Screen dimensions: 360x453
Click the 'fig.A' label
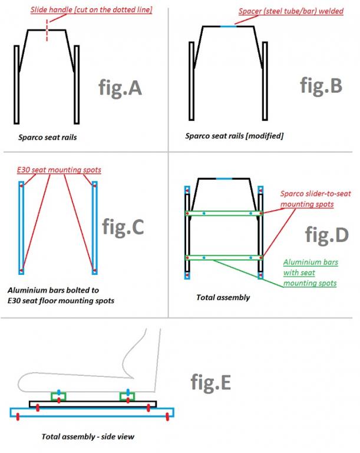point(120,87)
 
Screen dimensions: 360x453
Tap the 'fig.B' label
point(321,86)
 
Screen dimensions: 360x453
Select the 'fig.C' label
point(123,226)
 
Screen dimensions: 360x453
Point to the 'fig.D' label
point(327,235)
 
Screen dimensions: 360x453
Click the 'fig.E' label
point(211,382)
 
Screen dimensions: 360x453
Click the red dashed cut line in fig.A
point(47,31)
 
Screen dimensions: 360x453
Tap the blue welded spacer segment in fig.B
point(229,27)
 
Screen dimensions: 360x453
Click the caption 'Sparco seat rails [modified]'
point(234,136)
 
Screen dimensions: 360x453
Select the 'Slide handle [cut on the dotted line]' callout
point(91,10)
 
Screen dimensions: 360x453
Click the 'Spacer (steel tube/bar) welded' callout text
point(291,11)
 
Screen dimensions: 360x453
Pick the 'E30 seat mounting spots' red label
point(59,170)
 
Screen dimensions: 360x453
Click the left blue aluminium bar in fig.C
point(21,228)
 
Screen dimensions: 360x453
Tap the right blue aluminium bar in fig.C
point(94,228)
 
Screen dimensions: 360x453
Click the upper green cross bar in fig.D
point(224,214)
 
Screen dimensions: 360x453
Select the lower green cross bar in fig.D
point(224,257)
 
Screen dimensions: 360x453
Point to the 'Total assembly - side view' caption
point(88,436)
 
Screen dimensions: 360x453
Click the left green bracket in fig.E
point(58,396)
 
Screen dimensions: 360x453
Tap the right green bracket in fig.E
point(127,396)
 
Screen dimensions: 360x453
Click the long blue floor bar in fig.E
point(92,412)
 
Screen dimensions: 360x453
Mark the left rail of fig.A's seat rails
point(16,85)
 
